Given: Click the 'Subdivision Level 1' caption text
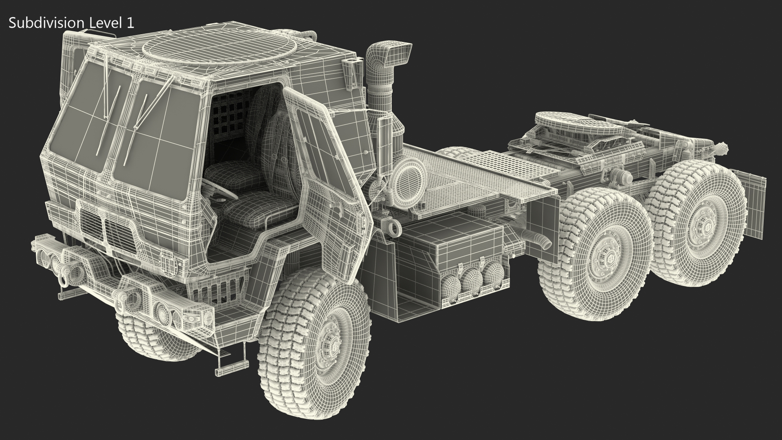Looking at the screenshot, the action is (x=71, y=23).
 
